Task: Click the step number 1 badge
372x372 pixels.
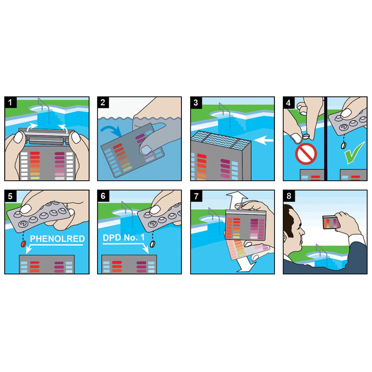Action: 11,103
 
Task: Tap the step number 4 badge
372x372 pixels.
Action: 289,103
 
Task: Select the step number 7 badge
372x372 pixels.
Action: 196,196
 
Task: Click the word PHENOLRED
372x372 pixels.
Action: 57,239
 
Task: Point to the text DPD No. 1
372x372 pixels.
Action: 124,238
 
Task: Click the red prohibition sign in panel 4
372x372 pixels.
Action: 306,154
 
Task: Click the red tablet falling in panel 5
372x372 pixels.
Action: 24,244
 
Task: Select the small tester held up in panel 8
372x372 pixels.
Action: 331,222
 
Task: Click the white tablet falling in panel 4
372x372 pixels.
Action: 343,145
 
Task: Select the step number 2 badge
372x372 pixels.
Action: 103,103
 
